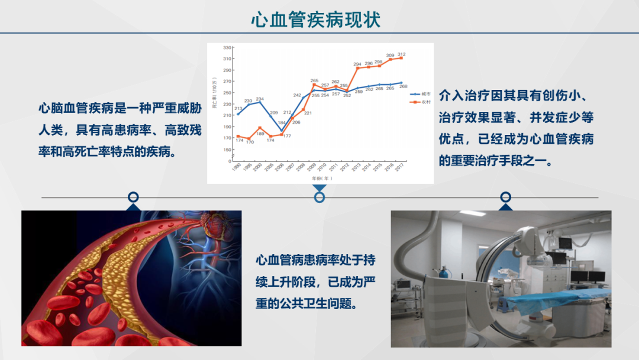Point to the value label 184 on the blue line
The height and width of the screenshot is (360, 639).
click(282, 123)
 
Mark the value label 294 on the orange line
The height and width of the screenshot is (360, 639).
click(357, 64)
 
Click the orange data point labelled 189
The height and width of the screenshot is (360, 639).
click(260, 127)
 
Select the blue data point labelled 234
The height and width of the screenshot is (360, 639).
click(260, 102)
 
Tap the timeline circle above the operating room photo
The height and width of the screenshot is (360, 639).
click(505, 197)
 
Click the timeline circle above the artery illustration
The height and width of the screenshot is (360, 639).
click(134, 197)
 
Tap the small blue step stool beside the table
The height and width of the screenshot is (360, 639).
click(504, 304)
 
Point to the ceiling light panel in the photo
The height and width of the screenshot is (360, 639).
click(473, 213)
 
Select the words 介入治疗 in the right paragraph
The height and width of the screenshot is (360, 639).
click(462, 95)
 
